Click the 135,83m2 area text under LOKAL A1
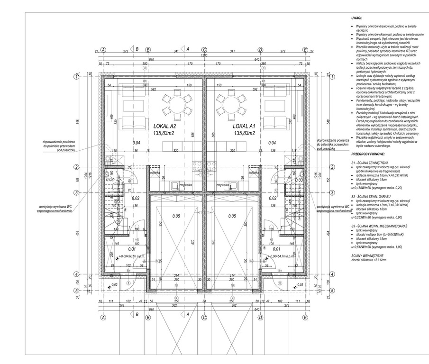click(245, 134)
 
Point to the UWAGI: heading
click(357, 18)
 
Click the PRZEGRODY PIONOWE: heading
click(368, 155)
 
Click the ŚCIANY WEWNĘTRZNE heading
click(368, 256)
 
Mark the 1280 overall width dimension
click(204, 55)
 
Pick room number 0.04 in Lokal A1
click(273, 142)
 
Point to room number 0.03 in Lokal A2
click(110, 180)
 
